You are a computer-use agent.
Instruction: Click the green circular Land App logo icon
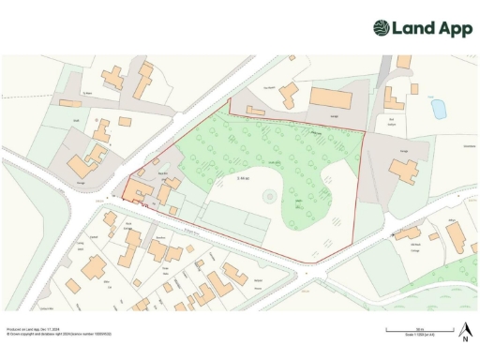[382, 28]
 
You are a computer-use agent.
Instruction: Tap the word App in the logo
[454, 28]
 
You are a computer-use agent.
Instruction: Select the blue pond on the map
[437, 109]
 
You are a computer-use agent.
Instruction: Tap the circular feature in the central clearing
[269, 196]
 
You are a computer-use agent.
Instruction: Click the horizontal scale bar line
[421, 332]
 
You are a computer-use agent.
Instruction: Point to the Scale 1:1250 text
[421, 337]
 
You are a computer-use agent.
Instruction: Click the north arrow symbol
[464, 329]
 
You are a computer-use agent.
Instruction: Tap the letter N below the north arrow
[464, 338]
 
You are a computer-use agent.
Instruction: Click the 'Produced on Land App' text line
[32, 329]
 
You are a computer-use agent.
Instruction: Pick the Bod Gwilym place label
[392, 121]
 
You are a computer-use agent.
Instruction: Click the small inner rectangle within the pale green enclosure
[254, 223]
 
